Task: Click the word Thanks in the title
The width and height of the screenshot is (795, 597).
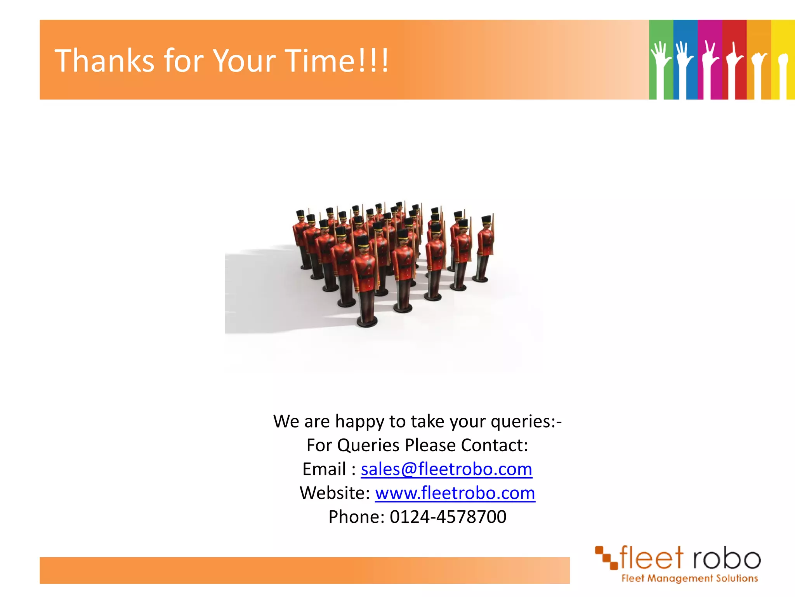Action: pos(104,61)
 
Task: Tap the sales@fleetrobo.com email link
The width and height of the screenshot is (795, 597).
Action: pos(446,469)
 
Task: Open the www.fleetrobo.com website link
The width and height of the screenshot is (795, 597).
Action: pos(455,493)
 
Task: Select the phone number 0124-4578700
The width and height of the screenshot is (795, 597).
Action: pos(448,517)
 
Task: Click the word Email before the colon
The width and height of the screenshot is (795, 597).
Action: pos(324,469)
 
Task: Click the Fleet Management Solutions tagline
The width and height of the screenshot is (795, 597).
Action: pos(689,578)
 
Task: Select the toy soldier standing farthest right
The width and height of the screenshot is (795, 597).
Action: pos(484,249)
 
